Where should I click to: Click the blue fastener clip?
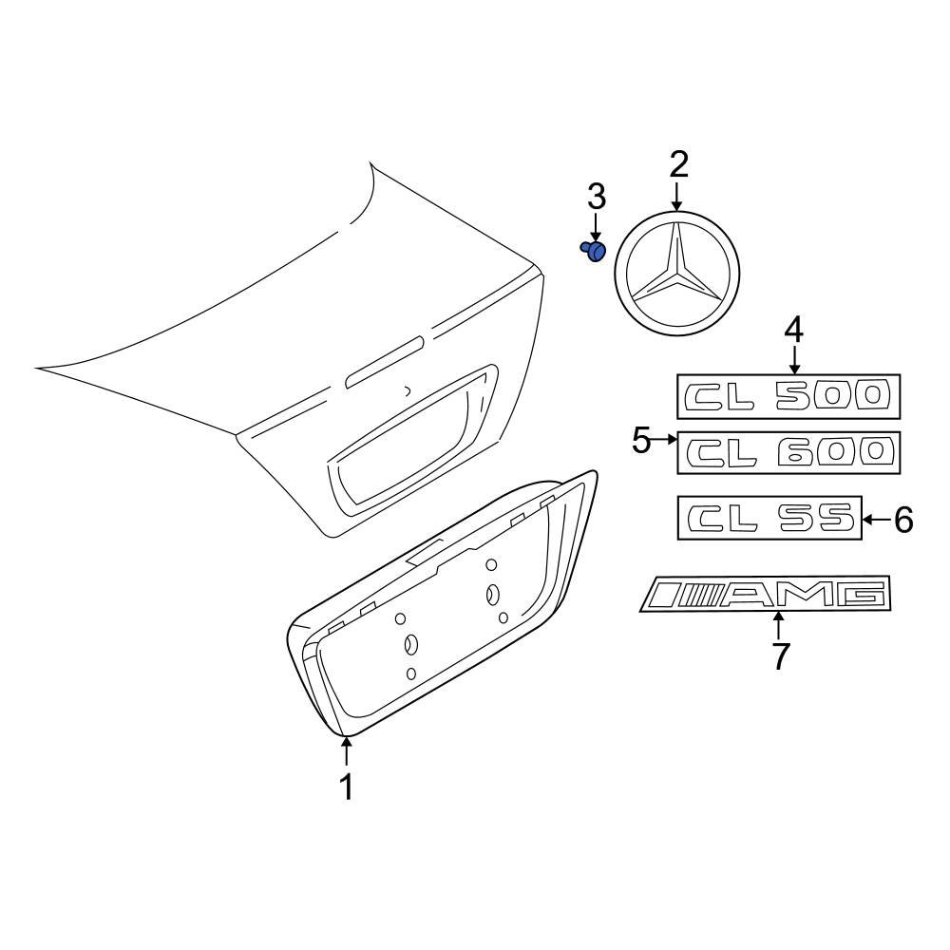(x=594, y=251)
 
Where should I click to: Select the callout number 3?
(x=596, y=198)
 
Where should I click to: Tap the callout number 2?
(x=677, y=164)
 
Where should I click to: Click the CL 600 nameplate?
(x=788, y=452)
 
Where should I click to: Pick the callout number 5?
(x=642, y=440)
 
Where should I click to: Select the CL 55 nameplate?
(x=769, y=518)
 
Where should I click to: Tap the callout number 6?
(x=902, y=520)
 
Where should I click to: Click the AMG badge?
(x=767, y=595)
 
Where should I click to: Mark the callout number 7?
(x=780, y=655)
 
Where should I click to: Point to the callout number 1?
(x=347, y=787)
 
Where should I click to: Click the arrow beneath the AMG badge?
(x=780, y=627)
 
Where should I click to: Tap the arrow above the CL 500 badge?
(x=793, y=359)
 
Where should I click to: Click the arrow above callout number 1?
(x=347, y=752)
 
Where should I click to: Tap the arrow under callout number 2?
(x=677, y=197)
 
